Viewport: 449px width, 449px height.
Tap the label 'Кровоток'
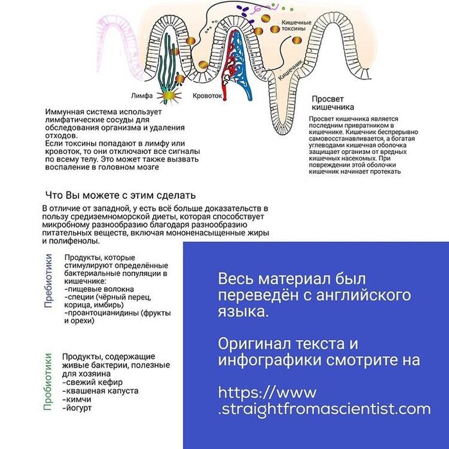(207, 96)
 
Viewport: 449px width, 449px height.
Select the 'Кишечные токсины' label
(296, 26)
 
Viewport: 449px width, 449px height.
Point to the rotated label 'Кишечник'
(290, 66)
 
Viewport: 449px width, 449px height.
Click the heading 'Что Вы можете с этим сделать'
(121, 196)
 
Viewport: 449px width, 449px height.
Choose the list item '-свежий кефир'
(92, 382)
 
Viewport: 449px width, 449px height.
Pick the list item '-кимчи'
(77, 399)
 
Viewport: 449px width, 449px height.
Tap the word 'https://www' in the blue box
(267, 392)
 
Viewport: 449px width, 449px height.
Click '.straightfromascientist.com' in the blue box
(324, 409)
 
